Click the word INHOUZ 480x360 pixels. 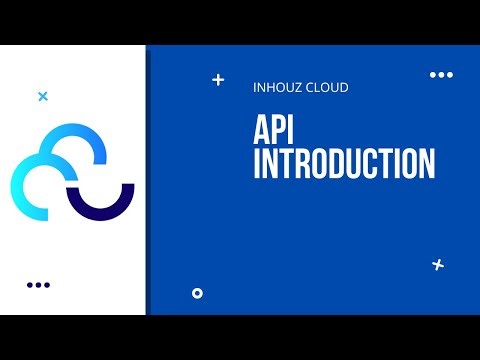point(277,88)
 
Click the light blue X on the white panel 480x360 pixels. point(42,97)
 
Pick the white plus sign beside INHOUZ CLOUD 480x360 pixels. point(219,80)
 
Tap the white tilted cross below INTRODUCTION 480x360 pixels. point(437,264)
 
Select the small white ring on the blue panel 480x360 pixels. point(197,293)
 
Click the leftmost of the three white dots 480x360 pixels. point(432,75)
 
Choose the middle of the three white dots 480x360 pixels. point(440,75)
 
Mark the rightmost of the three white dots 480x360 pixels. point(449,75)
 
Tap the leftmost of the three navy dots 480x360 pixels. point(30,285)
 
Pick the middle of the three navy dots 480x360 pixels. point(38,285)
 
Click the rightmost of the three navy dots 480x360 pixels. point(47,285)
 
